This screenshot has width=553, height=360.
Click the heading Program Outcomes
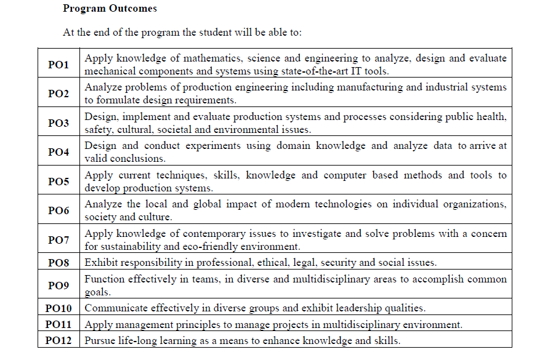(110, 9)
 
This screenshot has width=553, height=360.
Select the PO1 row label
(59, 65)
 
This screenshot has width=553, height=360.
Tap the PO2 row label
(59, 94)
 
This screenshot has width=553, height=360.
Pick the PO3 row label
(59, 123)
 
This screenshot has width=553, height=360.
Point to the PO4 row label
(59, 152)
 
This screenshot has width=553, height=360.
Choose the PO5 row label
(59, 182)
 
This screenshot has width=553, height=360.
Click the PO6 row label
(59, 210)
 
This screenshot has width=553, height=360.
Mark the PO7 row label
(59, 240)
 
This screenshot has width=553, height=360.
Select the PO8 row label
(59, 263)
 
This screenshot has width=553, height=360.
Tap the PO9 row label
(59, 286)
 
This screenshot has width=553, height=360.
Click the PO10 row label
(59, 308)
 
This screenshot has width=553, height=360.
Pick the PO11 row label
(59, 324)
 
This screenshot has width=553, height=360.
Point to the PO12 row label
(59, 340)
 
